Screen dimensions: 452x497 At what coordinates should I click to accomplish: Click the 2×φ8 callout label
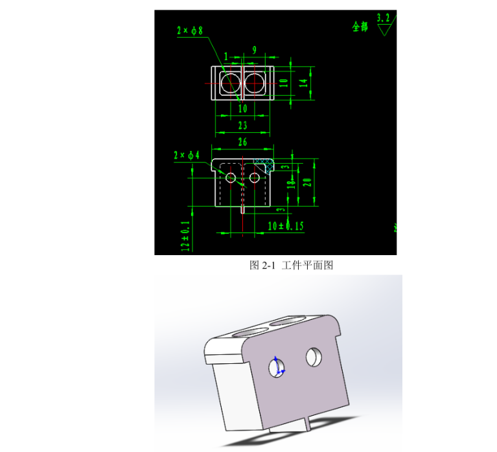click(193, 30)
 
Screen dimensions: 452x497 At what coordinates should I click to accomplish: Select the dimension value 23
click(242, 125)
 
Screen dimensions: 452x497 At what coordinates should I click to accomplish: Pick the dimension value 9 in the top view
click(254, 49)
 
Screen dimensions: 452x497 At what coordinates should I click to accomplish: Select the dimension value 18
click(293, 185)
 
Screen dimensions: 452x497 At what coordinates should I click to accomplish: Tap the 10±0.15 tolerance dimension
click(286, 225)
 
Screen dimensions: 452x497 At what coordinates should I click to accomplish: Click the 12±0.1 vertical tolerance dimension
click(186, 236)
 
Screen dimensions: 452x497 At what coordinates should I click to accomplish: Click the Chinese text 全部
click(360, 27)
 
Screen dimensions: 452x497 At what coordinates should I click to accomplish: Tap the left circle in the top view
click(229, 83)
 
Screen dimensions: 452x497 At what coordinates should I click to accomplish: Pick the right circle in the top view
click(255, 83)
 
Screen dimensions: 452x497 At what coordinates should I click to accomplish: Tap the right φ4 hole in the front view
click(255, 177)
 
